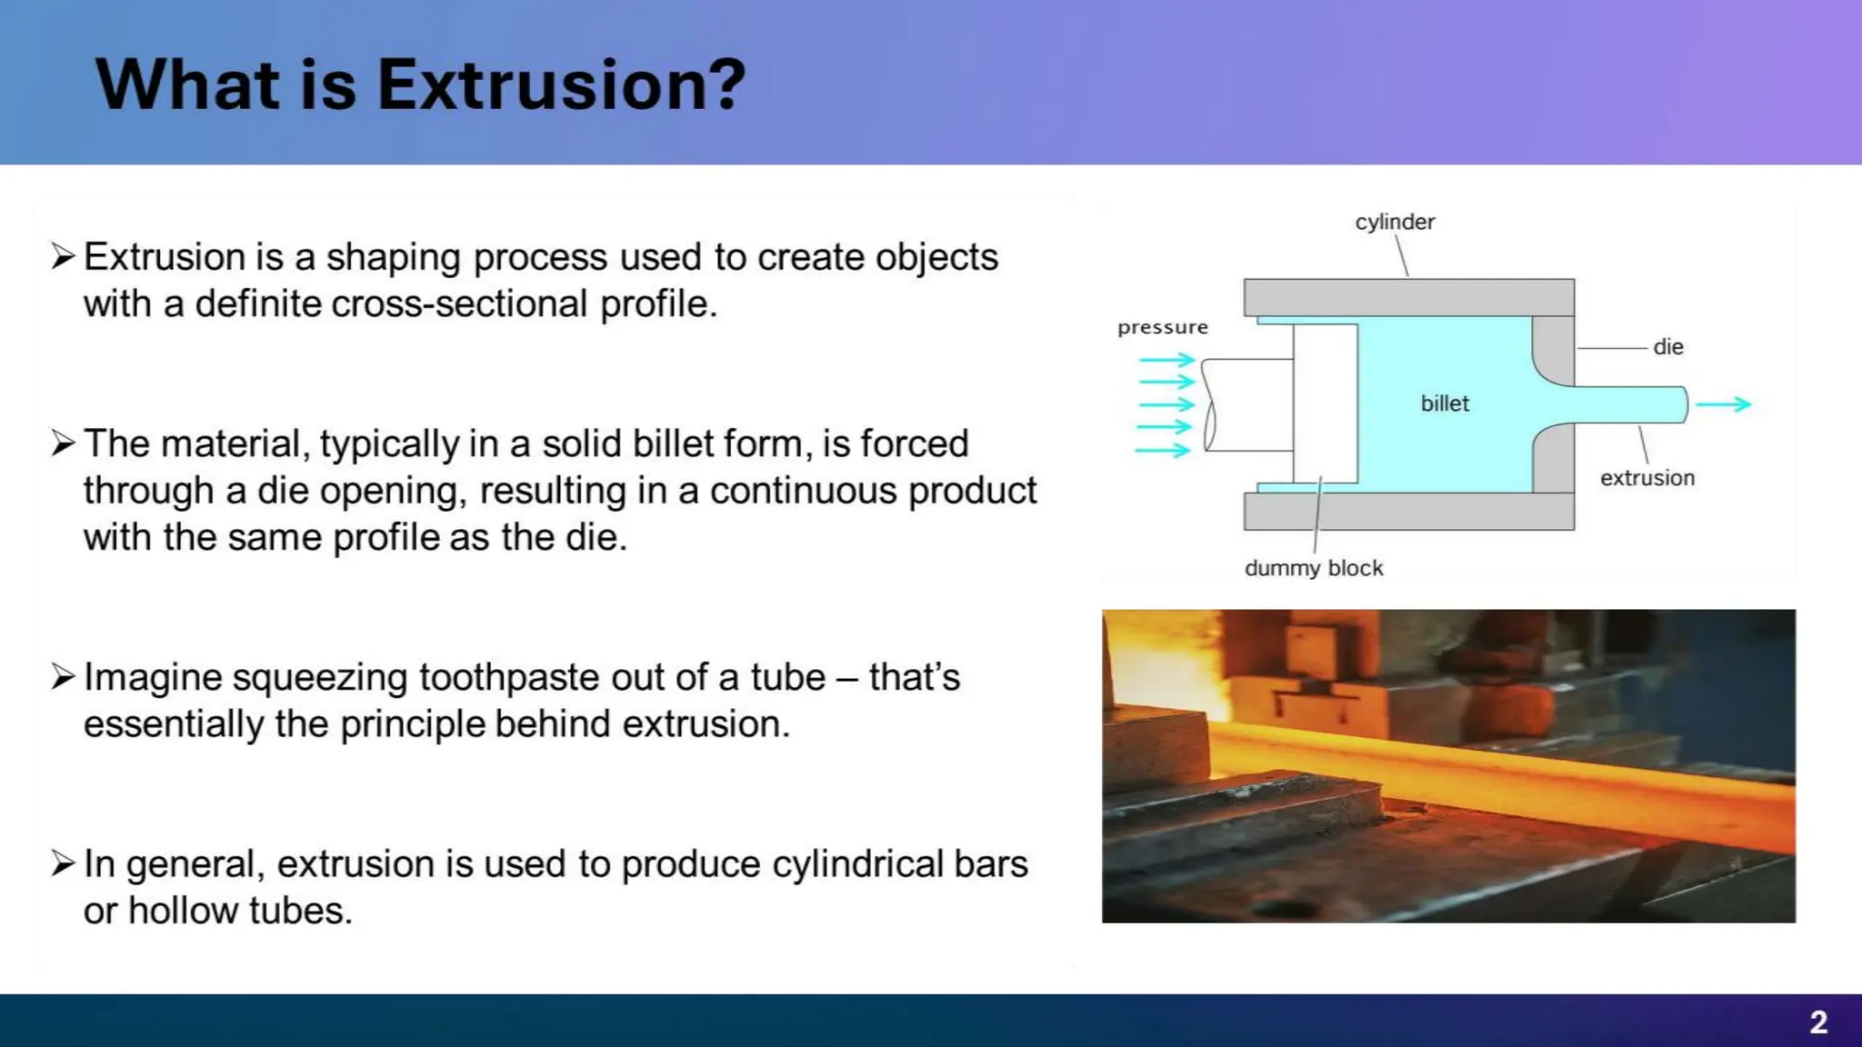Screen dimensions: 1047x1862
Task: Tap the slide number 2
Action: [x=1817, y=1022]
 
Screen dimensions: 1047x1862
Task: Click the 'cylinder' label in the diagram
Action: [x=1394, y=222]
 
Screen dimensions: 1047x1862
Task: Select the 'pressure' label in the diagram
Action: [x=1162, y=327]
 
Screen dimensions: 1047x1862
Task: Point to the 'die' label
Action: [x=1667, y=347]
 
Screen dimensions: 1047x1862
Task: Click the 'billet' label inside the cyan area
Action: [x=1444, y=404]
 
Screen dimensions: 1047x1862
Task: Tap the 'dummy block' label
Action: [x=1313, y=568]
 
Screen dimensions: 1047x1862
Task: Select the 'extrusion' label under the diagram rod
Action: [x=1647, y=478]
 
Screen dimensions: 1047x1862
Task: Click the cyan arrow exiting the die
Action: [x=1723, y=404]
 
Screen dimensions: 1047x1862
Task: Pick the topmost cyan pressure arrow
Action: [x=1166, y=360]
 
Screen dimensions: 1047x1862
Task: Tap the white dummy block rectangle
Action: [x=1325, y=404]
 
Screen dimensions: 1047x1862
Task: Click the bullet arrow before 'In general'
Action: [x=63, y=863]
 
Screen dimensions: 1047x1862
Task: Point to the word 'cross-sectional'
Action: [x=459, y=304]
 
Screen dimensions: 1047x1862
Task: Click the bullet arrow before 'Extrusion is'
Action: [x=63, y=256]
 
